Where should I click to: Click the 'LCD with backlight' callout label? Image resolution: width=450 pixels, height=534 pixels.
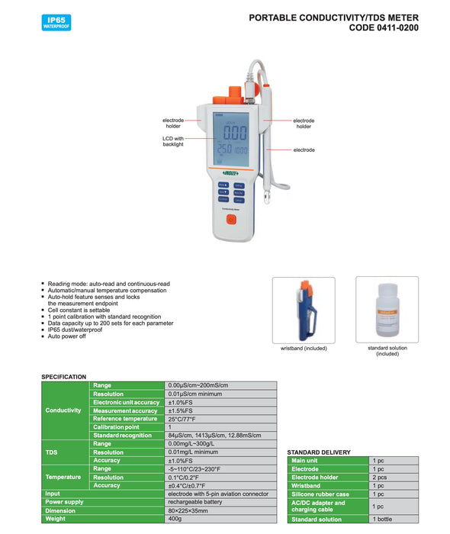[173, 141]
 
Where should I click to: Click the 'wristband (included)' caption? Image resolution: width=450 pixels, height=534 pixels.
[304, 348]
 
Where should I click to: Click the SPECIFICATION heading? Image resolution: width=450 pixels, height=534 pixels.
[63, 377]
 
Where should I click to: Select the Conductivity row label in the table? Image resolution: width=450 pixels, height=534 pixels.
[63, 410]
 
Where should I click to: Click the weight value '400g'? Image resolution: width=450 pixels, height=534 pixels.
[176, 519]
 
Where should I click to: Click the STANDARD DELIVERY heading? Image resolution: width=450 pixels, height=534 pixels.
[319, 452]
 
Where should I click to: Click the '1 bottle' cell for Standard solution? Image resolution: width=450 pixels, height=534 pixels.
[383, 519]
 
